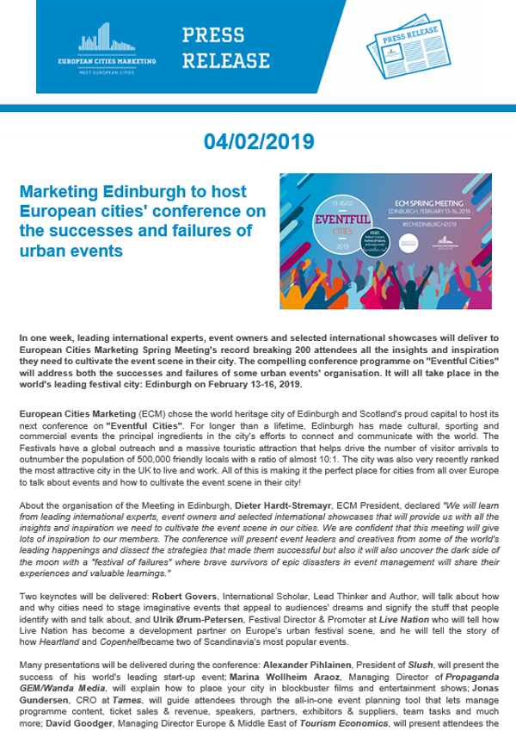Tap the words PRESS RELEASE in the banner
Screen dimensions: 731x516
click(225, 47)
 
